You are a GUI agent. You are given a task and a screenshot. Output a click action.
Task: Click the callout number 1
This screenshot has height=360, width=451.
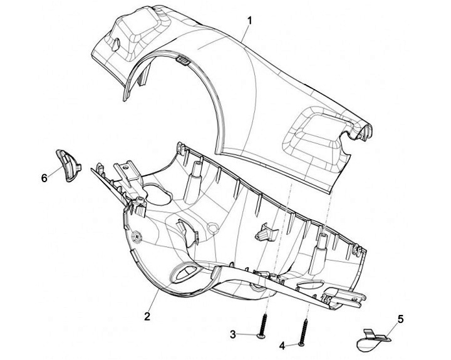249,20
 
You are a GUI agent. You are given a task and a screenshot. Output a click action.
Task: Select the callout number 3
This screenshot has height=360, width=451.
232,335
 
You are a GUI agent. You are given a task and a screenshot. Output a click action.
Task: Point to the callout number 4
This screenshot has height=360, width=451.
283,345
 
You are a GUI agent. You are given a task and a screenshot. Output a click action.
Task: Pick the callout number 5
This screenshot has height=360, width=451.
400,319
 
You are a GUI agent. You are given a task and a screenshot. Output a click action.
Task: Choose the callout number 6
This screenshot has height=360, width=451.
44,178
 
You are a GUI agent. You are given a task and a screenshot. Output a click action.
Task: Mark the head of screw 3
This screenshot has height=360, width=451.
262,337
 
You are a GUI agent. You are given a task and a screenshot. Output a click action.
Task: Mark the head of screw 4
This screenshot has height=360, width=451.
301,344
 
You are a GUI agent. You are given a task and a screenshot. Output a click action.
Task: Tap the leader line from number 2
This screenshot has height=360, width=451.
155,299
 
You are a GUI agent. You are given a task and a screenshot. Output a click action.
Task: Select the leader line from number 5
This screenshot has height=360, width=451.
387,327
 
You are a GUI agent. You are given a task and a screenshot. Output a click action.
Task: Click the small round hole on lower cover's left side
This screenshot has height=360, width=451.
137,237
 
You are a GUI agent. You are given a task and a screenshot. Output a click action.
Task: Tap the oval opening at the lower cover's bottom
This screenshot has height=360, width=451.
187,270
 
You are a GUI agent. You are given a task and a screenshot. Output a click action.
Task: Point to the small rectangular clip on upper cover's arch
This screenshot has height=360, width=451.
182,59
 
